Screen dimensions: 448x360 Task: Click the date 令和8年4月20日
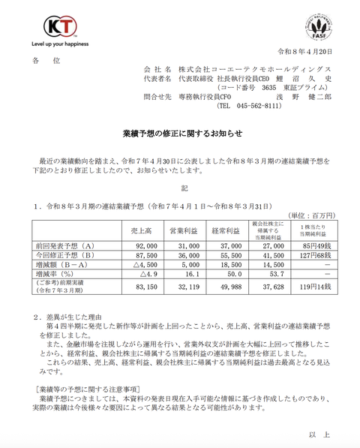click(304, 52)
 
